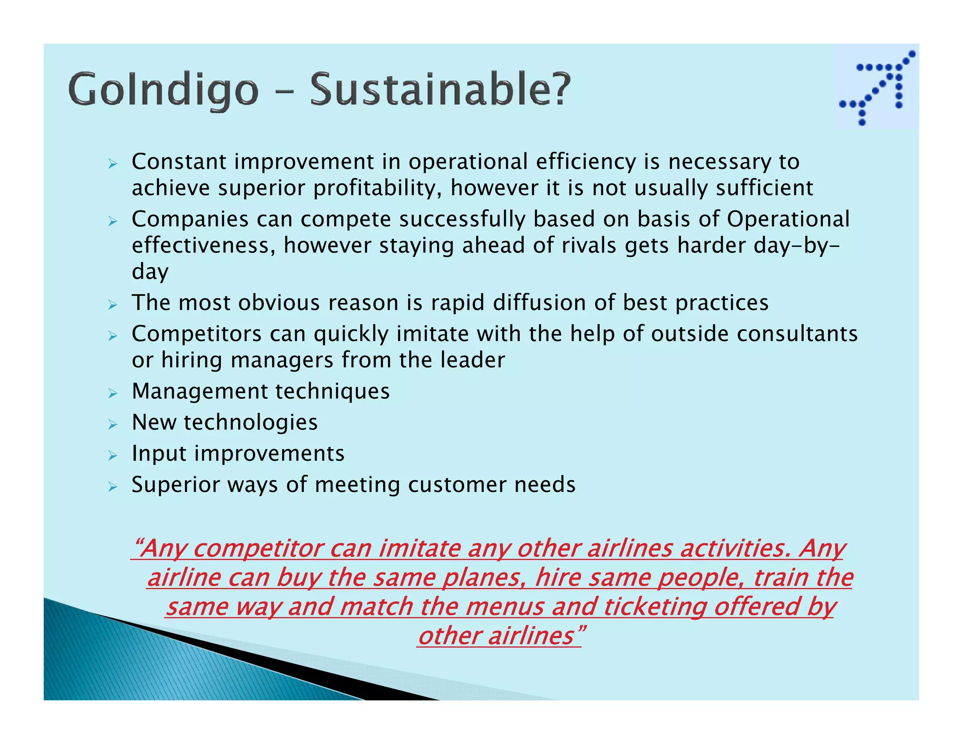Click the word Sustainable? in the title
pyautogui.click(x=440, y=89)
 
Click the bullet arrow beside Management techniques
pyautogui.click(x=112, y=393)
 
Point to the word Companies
pyautogui.click(x=189, y=220)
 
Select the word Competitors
pyautogui.click(x=197, y=334)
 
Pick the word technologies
pyautogui.click(x=251, y=422)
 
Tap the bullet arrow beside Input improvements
pyautogui.click(x=112, y=455)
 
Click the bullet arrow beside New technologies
pyautogui.click(x=112, y=424)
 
